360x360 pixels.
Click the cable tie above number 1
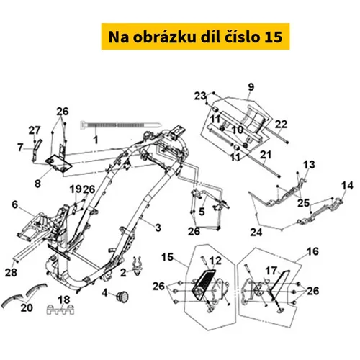click(x=120, y=125)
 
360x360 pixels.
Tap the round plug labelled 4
click(x=122, y=296)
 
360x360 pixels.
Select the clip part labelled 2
click(x=138, y=266)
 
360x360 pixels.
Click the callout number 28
click(x=11, y=273)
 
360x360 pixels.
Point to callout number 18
click(x=64, y=300)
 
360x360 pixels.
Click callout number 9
click(x=251, y=87)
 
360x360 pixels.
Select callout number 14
click(x=347, y=186)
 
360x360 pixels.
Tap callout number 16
click(x=312, y=251)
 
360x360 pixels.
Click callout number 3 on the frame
click(x=158, y=228)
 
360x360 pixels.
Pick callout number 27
click(x=35, y=130)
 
